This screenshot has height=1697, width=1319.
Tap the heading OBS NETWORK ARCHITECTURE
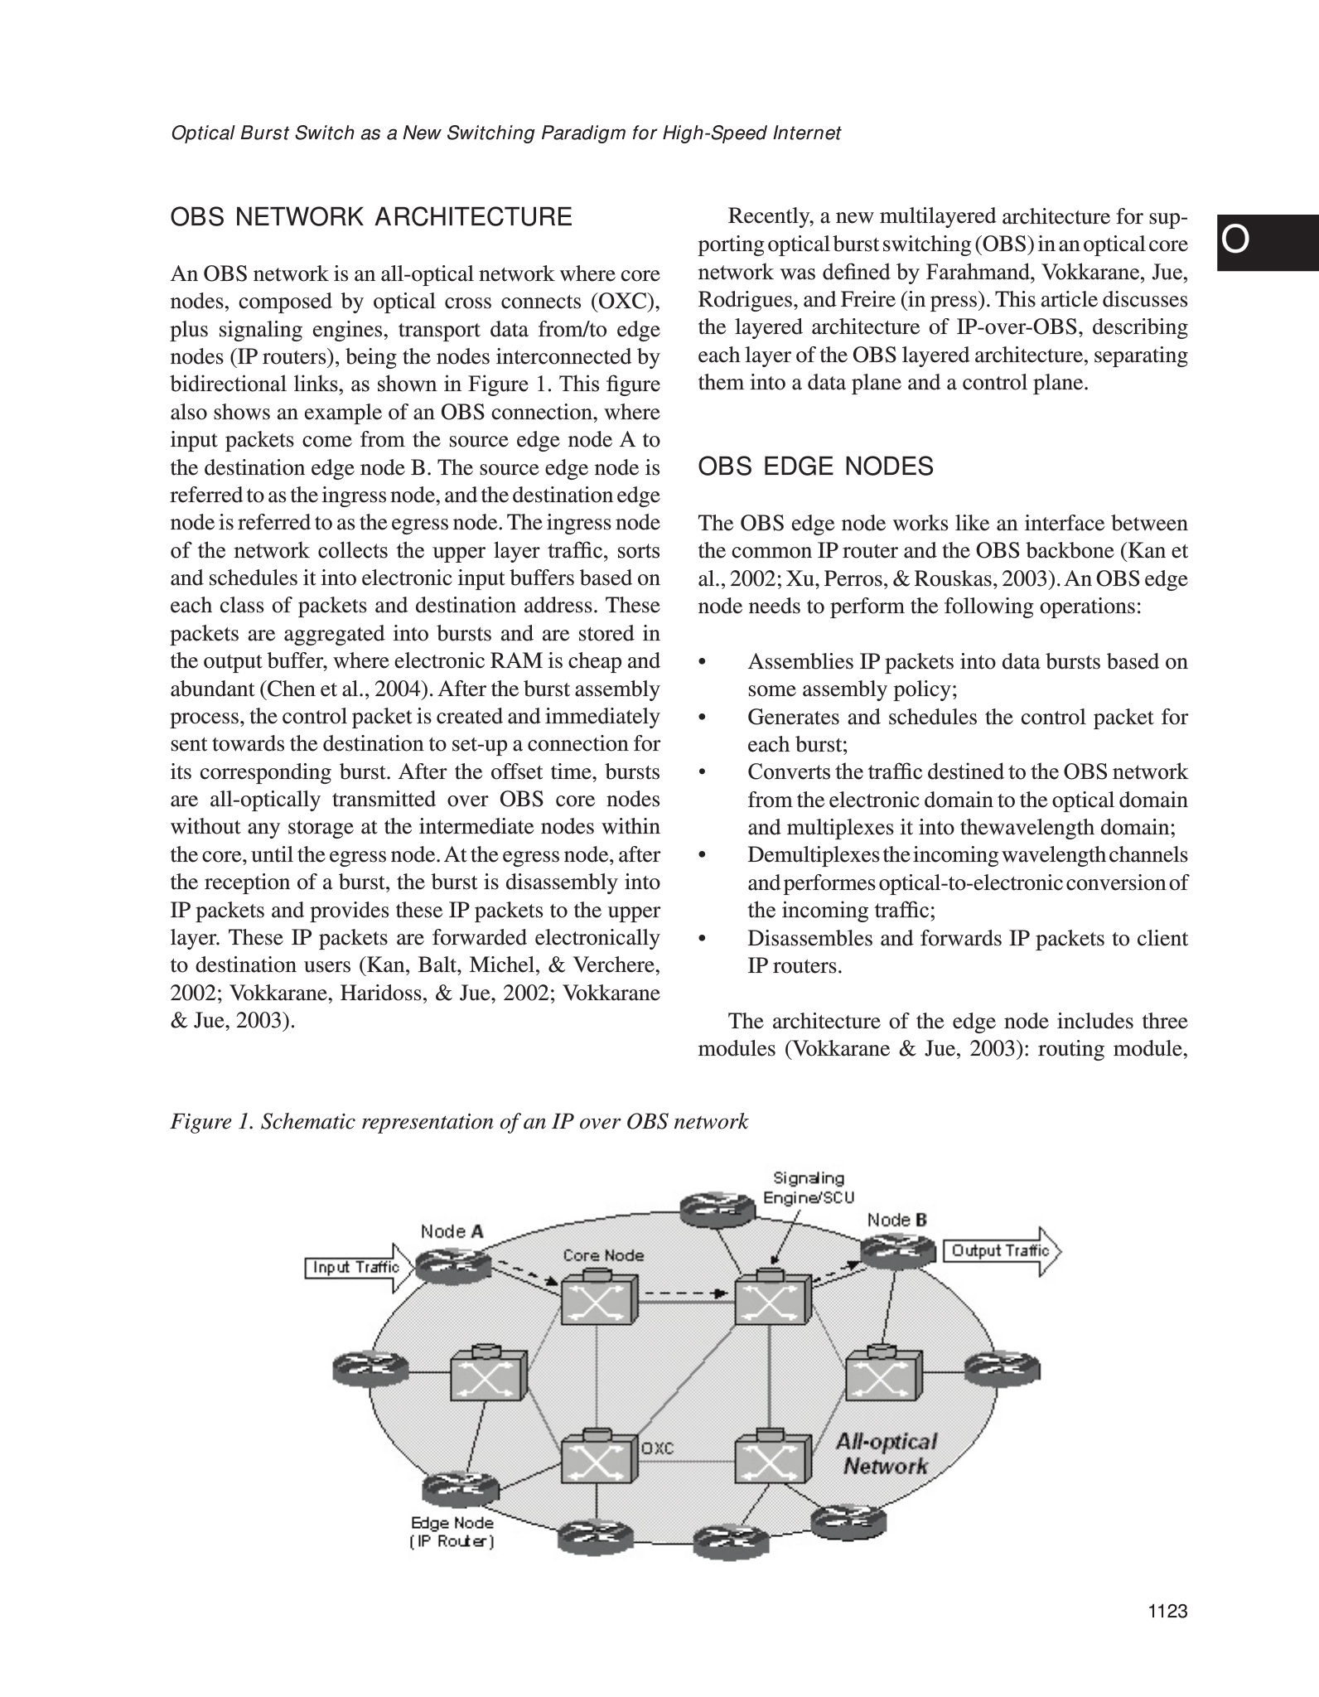pyautogui.click(x=371, y=217)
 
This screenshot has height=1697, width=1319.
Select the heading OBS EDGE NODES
pyautogui.click(x=816, y=467)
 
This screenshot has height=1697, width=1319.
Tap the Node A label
pyautogui.click(x=452, y=1231)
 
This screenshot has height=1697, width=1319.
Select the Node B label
pyautogui.click(x=896, y=1220)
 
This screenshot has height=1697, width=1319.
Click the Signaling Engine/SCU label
pyautogui.click(x=809, y=1187)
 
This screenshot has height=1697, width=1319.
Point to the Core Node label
pyautogui.click(x=603, y=1255)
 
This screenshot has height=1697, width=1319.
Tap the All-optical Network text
pyautogui.click(x=886, y=1454)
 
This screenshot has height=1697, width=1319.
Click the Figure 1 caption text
pyautogui.click(x=459, y=1122)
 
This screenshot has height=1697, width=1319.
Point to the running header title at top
pyautogui.click(x=505, y=133)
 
